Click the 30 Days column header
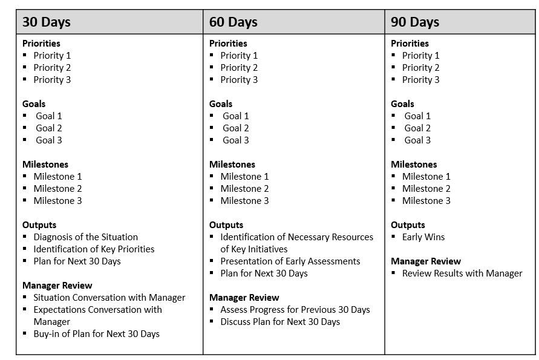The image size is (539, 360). click(x=47, y=22)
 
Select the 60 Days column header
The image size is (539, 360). click(x=234, y=22)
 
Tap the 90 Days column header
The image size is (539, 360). click(x=415, y=22)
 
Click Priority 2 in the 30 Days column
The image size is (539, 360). click(x=52, y=68)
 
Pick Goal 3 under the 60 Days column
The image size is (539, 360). click(x=236, y=140)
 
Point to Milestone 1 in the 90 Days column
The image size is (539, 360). click(x=426, y=177)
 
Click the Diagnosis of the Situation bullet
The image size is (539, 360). click(x=85, y=237)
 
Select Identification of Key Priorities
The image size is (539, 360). click(x=94, y=249)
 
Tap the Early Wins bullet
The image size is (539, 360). click(x=423, y=237)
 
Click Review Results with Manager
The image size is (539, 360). click(x=462, y=273)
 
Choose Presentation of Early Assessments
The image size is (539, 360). click(x=290, y=261)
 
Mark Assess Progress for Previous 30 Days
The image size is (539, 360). click(x=295, y=310)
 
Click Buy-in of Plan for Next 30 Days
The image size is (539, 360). click(x=96, y=334)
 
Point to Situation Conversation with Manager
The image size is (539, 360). click(x=109, y=298)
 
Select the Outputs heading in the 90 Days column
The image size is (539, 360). click(x=408, y=225)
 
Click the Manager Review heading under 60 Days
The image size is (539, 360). click(x=244, y=298)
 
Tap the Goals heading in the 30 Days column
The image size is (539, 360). click(x=34, y=104)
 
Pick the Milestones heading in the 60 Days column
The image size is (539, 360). click(x=232, y=165)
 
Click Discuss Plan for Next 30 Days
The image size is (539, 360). click(x=280, y=322)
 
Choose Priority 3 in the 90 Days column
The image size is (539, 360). click(x=420, y=80)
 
